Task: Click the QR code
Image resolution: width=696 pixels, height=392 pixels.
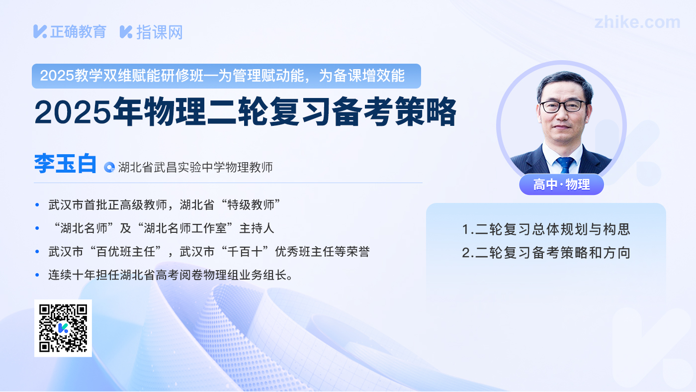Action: tap(63, 328)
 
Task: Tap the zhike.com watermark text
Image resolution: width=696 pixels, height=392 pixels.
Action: tap(637, 22)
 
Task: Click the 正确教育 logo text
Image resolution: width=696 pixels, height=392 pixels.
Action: tap(78, 32)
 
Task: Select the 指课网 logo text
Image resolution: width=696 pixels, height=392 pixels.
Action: tap(160, 32)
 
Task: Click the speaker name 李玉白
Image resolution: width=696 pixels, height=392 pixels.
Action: tap(65, 163)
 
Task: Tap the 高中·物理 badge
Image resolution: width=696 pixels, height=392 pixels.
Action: tap(561, 185)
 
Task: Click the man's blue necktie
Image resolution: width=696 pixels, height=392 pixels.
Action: tap(565, 165)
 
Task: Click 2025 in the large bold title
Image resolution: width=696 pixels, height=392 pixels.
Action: tap(73, 112)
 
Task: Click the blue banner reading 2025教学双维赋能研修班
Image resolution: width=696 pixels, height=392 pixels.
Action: tap(226, 76)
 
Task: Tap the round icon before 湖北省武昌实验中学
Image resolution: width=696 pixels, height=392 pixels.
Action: tap(109, 167)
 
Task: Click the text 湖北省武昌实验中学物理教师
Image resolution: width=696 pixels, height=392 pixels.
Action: tap(195, 167)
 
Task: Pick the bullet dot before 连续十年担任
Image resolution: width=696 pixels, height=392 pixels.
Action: tap(37, 275)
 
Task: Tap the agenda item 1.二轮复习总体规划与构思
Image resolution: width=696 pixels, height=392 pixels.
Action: tap(546, 229)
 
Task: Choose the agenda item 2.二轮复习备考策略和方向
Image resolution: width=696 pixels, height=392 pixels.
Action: tap(546, 252)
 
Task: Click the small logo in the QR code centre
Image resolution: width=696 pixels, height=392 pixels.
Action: tap(63, 328)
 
